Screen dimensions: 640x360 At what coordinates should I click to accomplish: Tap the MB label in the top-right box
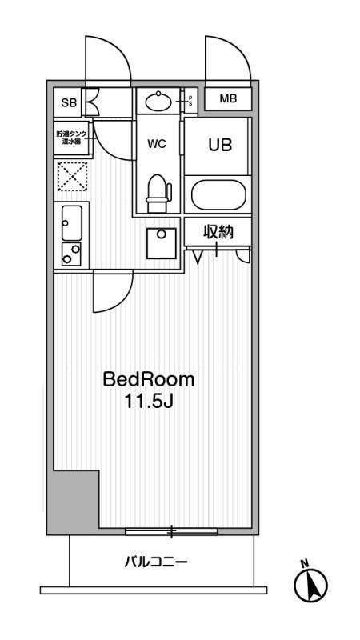click(x=228, y=99)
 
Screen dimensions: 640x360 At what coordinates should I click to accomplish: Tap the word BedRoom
click(x=148, y=379)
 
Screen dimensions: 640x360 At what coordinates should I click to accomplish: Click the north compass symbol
click(x=311, y=586)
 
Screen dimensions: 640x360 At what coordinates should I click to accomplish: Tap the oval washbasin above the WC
click(x=158, y=102)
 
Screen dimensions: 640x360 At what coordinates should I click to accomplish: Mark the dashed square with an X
click(x=71, y=176)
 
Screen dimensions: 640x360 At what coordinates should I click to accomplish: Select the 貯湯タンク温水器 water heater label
click(x=72, y=138)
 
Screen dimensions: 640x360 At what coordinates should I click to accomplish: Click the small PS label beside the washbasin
click(x=189, y=101)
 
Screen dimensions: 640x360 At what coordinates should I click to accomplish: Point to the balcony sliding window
click(x=171, y=530)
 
